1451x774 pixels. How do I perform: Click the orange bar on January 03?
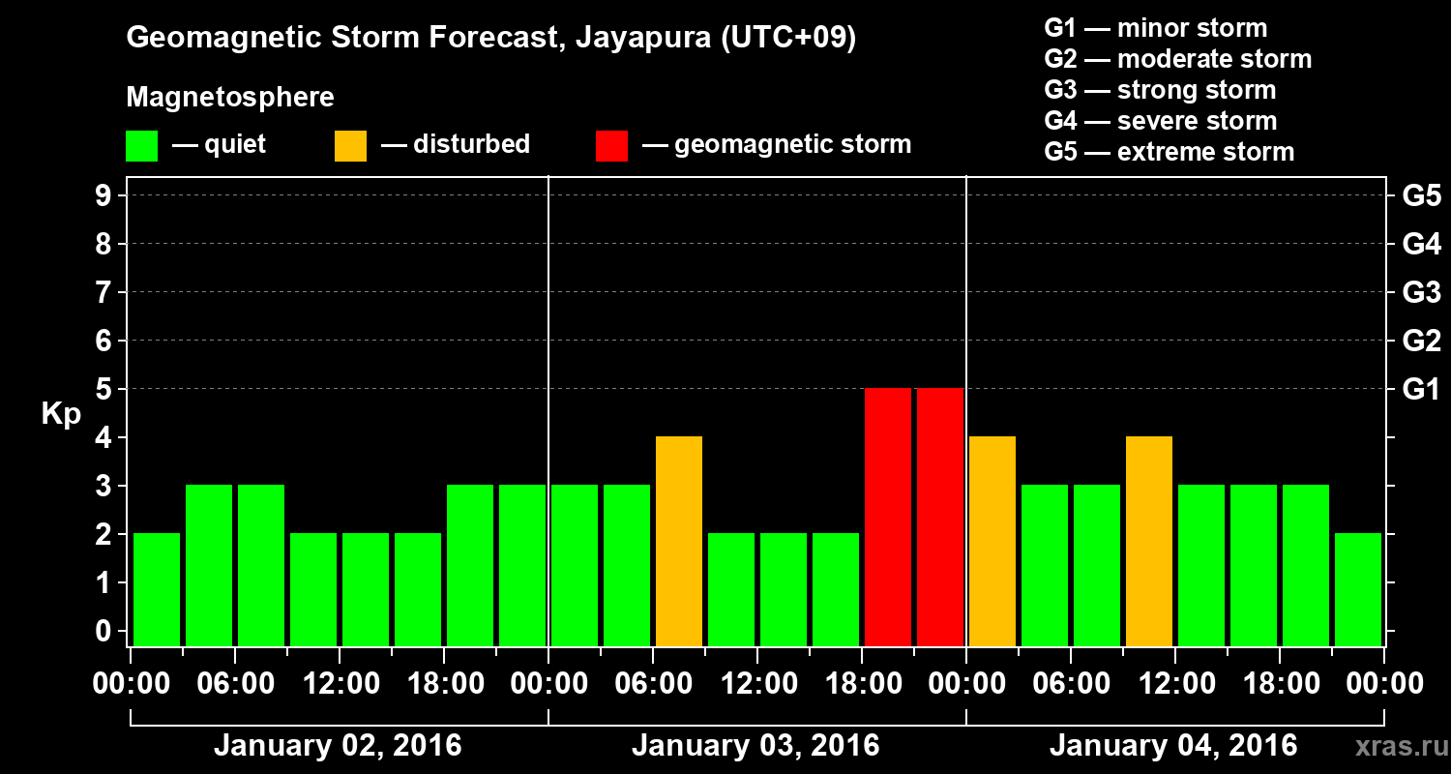coord(679,541)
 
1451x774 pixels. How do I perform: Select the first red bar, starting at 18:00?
coord(888,517)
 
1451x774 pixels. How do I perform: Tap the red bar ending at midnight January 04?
coord(940,517)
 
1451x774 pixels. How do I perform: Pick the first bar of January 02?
coord(157,589)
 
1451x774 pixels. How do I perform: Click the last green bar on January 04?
coord(1358,589)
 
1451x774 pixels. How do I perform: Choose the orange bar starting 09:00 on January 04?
coord(1149,541)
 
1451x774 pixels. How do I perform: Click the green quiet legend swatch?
coord(142,146)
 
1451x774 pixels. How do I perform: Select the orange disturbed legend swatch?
coord(350,146)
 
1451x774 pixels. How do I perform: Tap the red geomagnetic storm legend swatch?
coord(611,146)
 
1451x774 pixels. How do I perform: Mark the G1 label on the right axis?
coord(1421,389)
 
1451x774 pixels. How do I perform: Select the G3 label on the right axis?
coord(1421,292)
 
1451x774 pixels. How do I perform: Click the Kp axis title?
coord(61,414)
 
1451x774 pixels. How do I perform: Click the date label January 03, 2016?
coord(755,746)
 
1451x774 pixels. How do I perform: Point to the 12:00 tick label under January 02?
coord(341,683)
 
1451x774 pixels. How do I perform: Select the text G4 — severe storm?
coord(1160,121)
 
